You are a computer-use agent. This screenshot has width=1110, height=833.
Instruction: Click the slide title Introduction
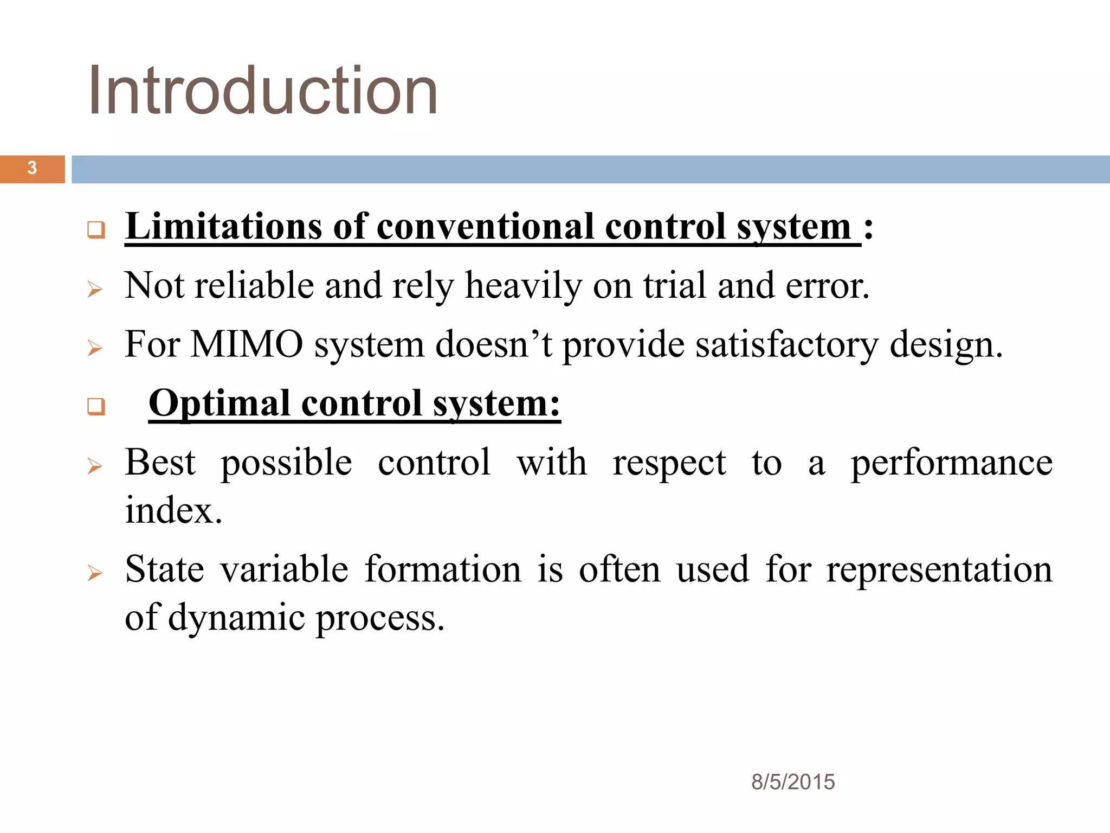click(x=263, y=91)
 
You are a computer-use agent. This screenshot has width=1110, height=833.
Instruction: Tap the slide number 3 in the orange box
click(x=32, y=168)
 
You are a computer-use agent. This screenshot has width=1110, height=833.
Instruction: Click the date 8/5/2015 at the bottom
click(x=792, y=782)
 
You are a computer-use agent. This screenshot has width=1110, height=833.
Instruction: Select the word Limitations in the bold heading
click(x=223, y=227)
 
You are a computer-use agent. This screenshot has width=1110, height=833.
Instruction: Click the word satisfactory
click(x=787, y=345)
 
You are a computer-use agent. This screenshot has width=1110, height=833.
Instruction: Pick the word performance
click(x=951, y=463)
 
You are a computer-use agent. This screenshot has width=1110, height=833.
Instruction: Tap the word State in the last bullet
click(x=164, y=570)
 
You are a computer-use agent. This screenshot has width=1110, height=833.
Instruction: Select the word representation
click(x=939, y=570)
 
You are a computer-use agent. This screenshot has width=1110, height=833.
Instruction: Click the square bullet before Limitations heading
click(x=96, y=229)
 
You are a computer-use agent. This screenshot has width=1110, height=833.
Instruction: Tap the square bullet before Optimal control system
click(x=96, y=406)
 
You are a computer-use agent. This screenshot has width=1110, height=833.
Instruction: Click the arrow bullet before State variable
click(x=95, y=573)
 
